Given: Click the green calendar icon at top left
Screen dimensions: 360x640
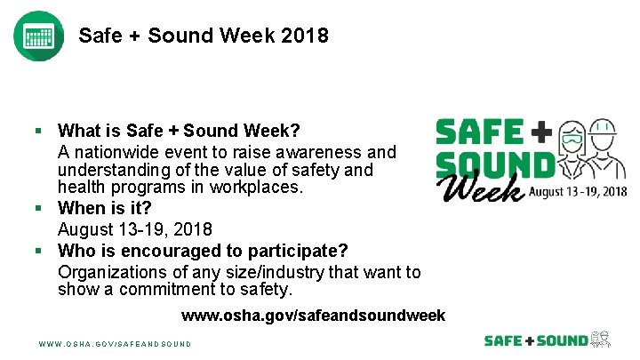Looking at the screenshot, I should pos(38,36).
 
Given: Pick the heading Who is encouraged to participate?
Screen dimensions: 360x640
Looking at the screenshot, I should pos(202,249).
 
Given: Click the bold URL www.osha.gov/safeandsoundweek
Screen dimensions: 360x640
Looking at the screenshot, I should pos(313,316).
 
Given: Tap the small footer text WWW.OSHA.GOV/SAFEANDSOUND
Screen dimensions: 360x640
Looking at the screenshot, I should pos(115,343).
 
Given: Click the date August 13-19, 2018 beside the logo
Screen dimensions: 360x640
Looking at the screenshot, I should pos(579,191).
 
